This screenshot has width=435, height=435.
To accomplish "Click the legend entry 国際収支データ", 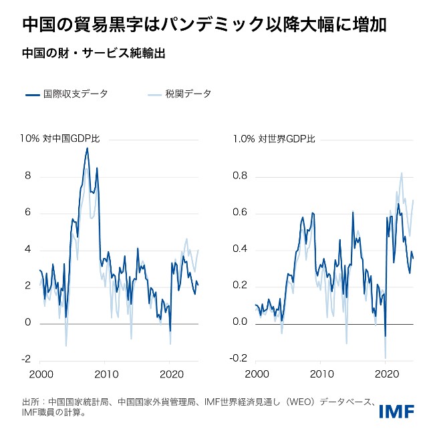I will (67, 94).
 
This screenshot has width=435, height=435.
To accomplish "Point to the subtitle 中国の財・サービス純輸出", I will (93, 54).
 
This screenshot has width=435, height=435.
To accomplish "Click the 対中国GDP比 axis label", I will (71, 139).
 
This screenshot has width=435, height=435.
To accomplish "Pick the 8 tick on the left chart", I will (28, 176).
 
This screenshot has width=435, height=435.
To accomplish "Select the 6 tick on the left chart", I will (28, 213).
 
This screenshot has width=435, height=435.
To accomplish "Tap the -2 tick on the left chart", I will (26, 359).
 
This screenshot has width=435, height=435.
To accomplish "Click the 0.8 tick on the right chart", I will (240, 176).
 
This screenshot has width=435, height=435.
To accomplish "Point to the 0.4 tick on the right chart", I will (240, 249).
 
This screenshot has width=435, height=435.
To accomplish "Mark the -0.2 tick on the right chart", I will (239, 359).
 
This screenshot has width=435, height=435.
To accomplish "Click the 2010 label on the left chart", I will (106, 374).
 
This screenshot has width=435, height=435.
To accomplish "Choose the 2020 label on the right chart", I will (386, 374).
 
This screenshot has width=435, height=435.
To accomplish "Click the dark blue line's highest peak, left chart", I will (86, 148).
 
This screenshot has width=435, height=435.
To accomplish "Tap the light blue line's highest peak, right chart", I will (402, 173).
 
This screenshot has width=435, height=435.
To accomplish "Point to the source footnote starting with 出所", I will (200, 408).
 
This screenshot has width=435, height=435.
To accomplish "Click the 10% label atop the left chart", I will (29, 139).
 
